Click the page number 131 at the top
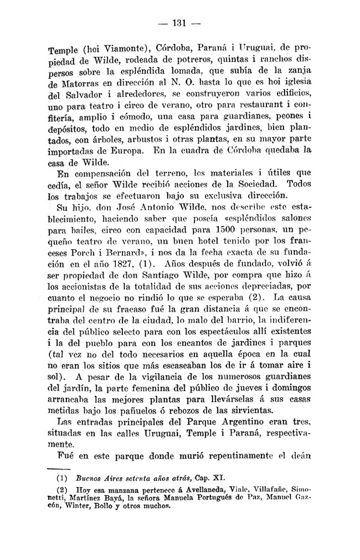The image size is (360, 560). click(179, 23)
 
